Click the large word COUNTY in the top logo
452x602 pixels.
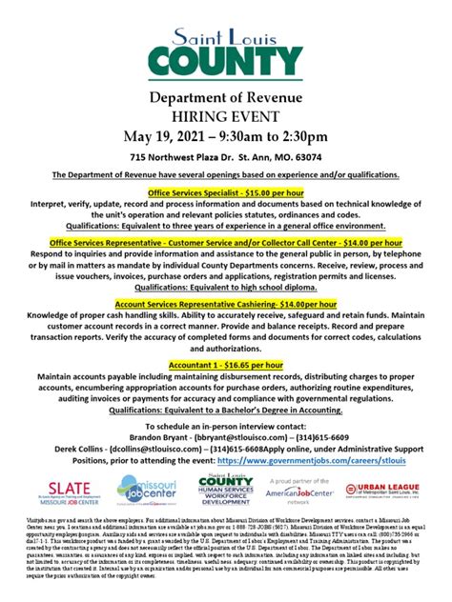click(x=226, y=60)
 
